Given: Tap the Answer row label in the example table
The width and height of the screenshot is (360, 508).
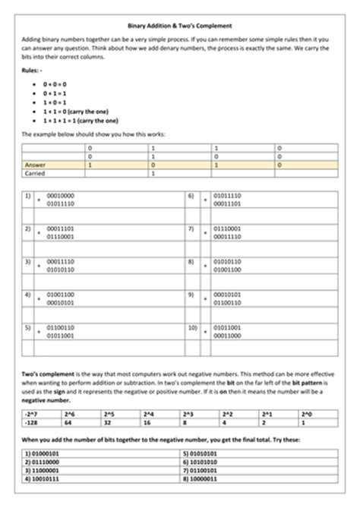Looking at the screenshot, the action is click(36, 163).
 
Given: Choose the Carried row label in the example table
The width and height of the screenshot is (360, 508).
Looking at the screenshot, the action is click(36, 172).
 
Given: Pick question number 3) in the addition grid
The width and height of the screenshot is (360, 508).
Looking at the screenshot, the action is click(28, 262).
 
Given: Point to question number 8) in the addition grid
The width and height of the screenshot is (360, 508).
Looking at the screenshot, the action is click(191, 262).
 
